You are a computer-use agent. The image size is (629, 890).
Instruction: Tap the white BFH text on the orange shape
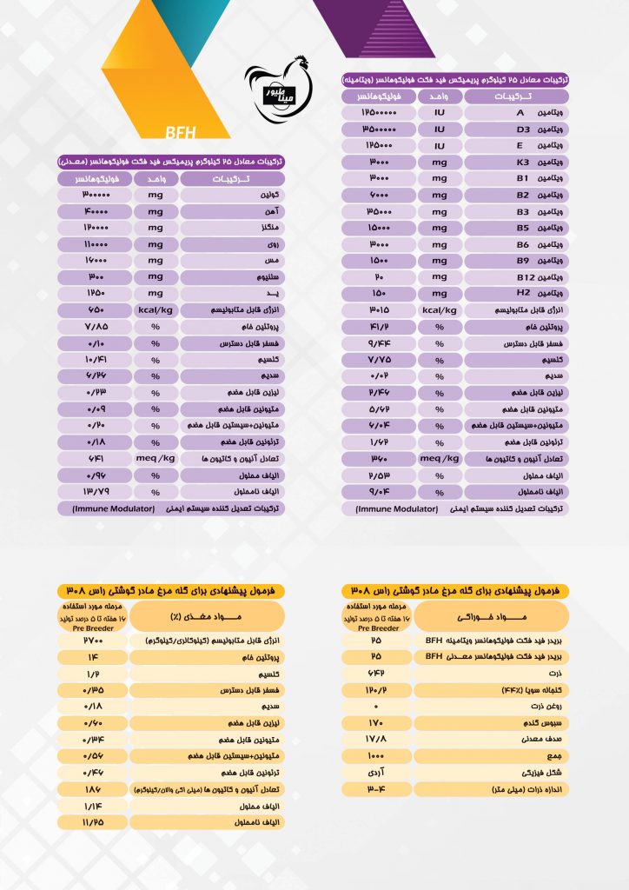coord(181,133)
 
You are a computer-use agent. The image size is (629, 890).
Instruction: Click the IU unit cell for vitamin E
coord(440,146)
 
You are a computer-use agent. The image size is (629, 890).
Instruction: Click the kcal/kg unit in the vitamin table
coord(440,309)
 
